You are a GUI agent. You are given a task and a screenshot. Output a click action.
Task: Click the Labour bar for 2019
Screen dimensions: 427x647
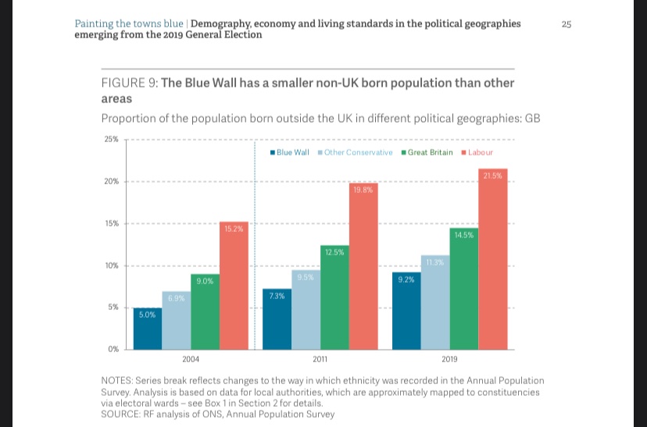click(492, 262)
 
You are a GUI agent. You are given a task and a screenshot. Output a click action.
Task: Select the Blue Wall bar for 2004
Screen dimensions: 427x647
click(148, 329)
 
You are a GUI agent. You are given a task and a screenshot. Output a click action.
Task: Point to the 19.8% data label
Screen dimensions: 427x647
click(363, 190)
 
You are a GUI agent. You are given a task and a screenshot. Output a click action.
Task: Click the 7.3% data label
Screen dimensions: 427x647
click(277, 296)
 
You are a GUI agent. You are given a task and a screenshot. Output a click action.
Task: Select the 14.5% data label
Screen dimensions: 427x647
click(463, 233)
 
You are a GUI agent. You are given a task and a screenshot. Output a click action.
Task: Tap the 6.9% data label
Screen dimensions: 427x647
click(177, 299)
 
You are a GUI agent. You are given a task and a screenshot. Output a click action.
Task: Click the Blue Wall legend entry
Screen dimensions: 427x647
click(291, 152)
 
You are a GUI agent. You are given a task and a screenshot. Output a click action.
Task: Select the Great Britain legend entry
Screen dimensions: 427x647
click(427, 152)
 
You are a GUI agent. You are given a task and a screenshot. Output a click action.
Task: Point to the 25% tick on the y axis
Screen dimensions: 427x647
click(110, 139)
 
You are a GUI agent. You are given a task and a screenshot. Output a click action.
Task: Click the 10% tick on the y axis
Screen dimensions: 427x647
click(110, 265)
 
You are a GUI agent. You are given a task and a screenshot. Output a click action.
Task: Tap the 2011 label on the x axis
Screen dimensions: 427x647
click(320, 358)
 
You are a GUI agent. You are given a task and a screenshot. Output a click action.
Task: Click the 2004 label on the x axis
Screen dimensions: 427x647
click(190, 358)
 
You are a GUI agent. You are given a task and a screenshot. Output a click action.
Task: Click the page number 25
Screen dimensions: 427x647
click(567, 24)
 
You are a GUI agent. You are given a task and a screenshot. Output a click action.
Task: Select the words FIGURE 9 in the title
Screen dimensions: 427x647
click(129, 84)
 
